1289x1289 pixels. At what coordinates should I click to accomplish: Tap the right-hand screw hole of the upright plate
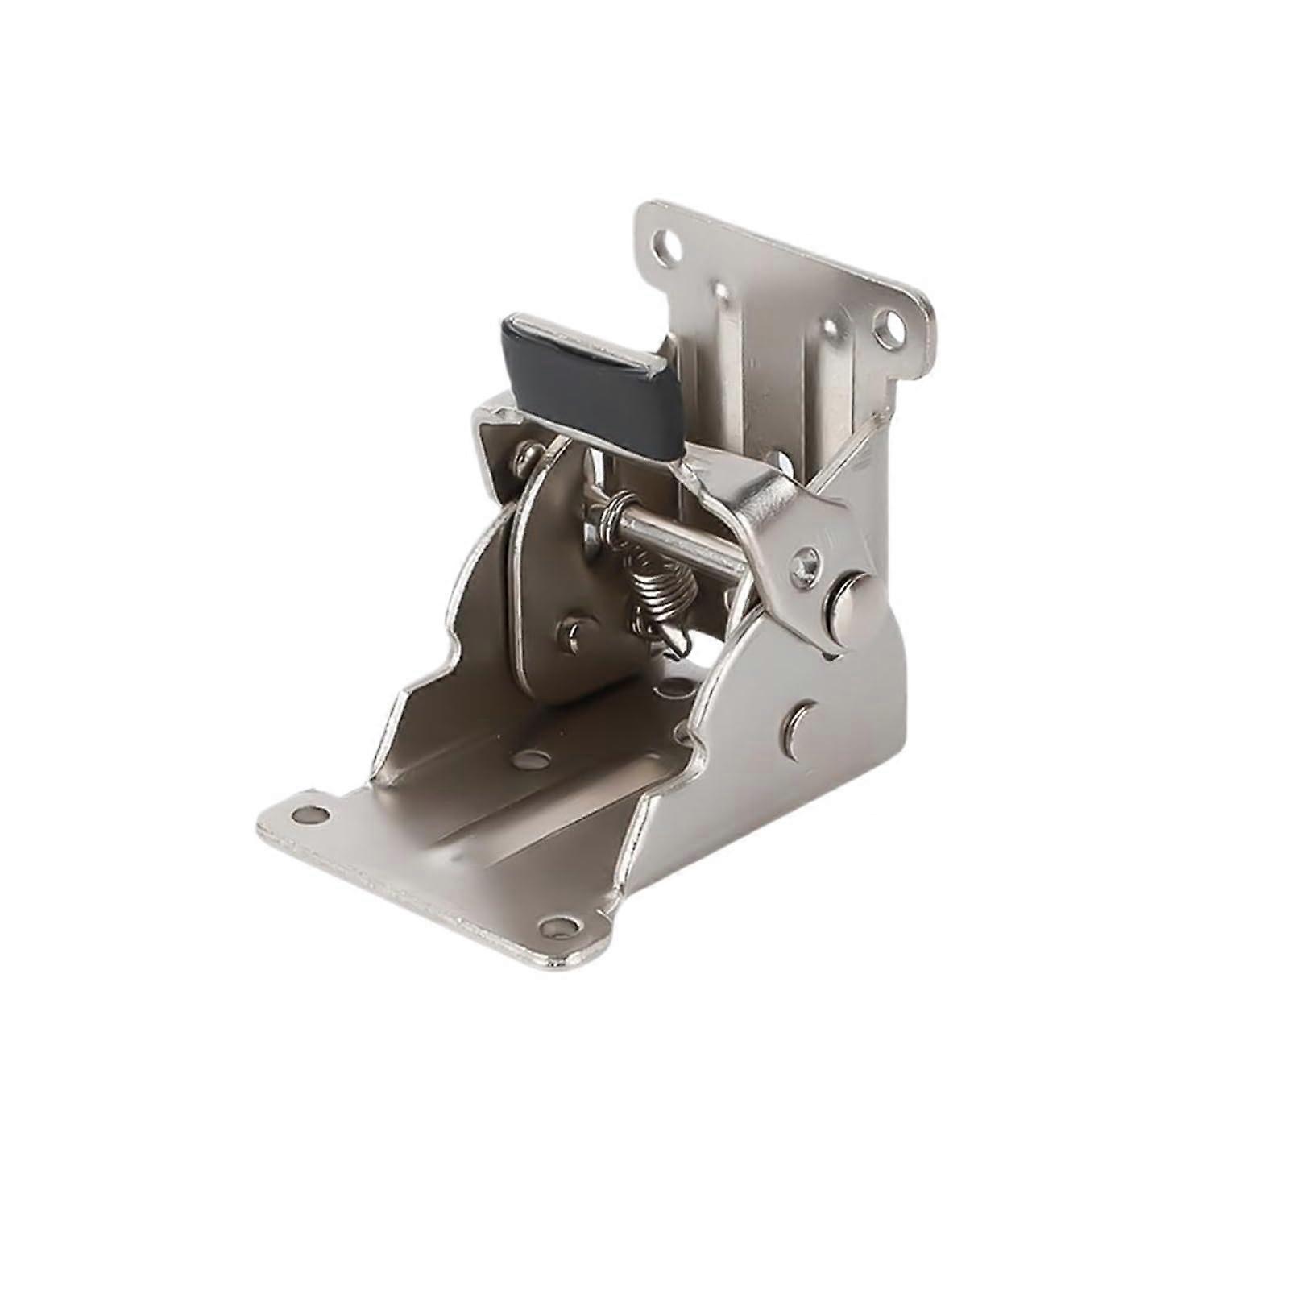(891, 327)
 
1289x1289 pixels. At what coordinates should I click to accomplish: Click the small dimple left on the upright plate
(719, 289)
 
